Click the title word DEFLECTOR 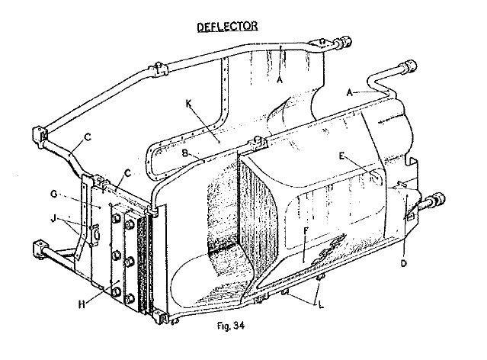227,27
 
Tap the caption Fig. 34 231,326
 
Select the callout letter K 189,104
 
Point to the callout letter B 184,153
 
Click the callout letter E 341,156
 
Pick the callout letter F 306,231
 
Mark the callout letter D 403,264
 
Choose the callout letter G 54,194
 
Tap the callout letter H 82,304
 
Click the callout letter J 53,219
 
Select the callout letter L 321,305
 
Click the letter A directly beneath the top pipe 280,80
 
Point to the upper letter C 88,137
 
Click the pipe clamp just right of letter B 257,143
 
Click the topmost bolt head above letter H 116,219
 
